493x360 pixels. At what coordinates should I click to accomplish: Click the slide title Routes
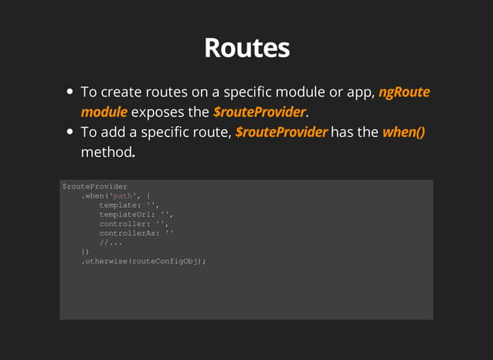click(246, 48)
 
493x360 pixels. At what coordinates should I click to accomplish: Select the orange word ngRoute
click(404, 93)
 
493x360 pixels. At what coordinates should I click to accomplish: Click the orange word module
click(104, 113)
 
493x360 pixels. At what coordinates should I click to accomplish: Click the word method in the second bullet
click(106, 152)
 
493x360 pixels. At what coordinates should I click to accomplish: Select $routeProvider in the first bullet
click(259, 113)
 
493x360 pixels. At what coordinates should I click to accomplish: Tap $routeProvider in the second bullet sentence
click(281, 132)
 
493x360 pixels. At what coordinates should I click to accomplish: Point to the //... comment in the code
click(110, 243)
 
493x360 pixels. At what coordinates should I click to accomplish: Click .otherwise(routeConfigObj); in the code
click(144, 261)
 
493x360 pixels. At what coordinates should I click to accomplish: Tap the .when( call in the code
click(97, 196)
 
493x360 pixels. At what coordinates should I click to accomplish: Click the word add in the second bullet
click(112, 132)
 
